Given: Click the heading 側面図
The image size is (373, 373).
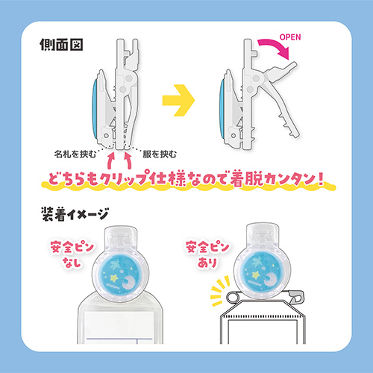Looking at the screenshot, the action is tap(61, 45).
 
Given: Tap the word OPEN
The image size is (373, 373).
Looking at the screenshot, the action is tap(290, 37).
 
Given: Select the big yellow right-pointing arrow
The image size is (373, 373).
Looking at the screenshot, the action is tap(178, 100).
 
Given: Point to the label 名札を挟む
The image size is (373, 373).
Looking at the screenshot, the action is tap(75, 154).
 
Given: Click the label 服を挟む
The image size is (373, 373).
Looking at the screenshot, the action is tap(160, 154).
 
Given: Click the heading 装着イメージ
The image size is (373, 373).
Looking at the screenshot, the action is tap(75, 214).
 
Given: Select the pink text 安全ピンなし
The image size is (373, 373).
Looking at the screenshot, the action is tap(72, 254).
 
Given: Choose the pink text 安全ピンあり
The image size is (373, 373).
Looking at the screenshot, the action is tap(207, 254).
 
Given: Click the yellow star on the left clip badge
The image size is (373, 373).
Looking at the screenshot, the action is tap(115, 278).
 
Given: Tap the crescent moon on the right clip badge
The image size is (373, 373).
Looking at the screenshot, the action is tap(270, 279).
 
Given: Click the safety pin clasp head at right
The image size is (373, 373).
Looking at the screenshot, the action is tap(298, 297).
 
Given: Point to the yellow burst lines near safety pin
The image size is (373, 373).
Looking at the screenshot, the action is tap(219, 289).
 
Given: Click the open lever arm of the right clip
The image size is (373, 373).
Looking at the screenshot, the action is tap(281, 98).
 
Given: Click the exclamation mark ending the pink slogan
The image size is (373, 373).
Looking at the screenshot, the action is tap(321, 178).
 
